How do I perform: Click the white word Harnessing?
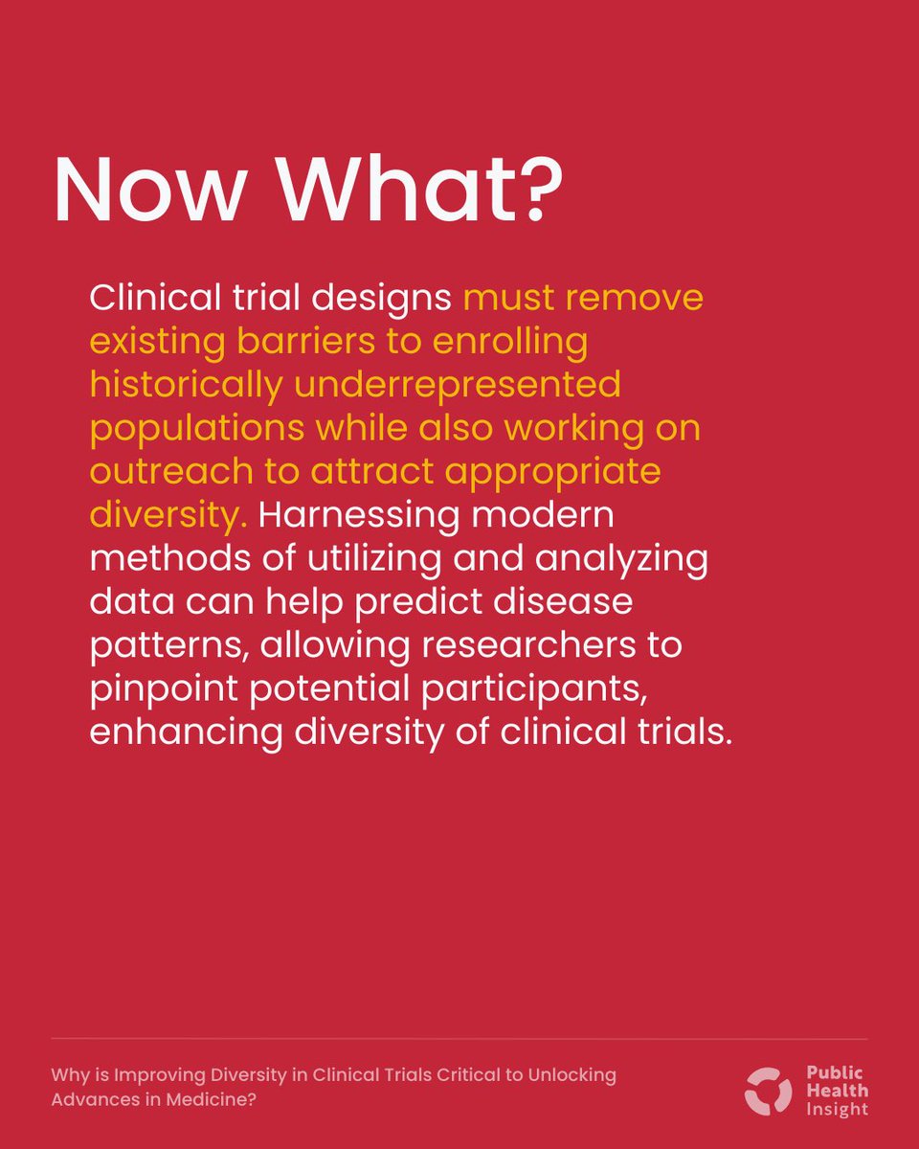360,515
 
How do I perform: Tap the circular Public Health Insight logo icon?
769,1091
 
